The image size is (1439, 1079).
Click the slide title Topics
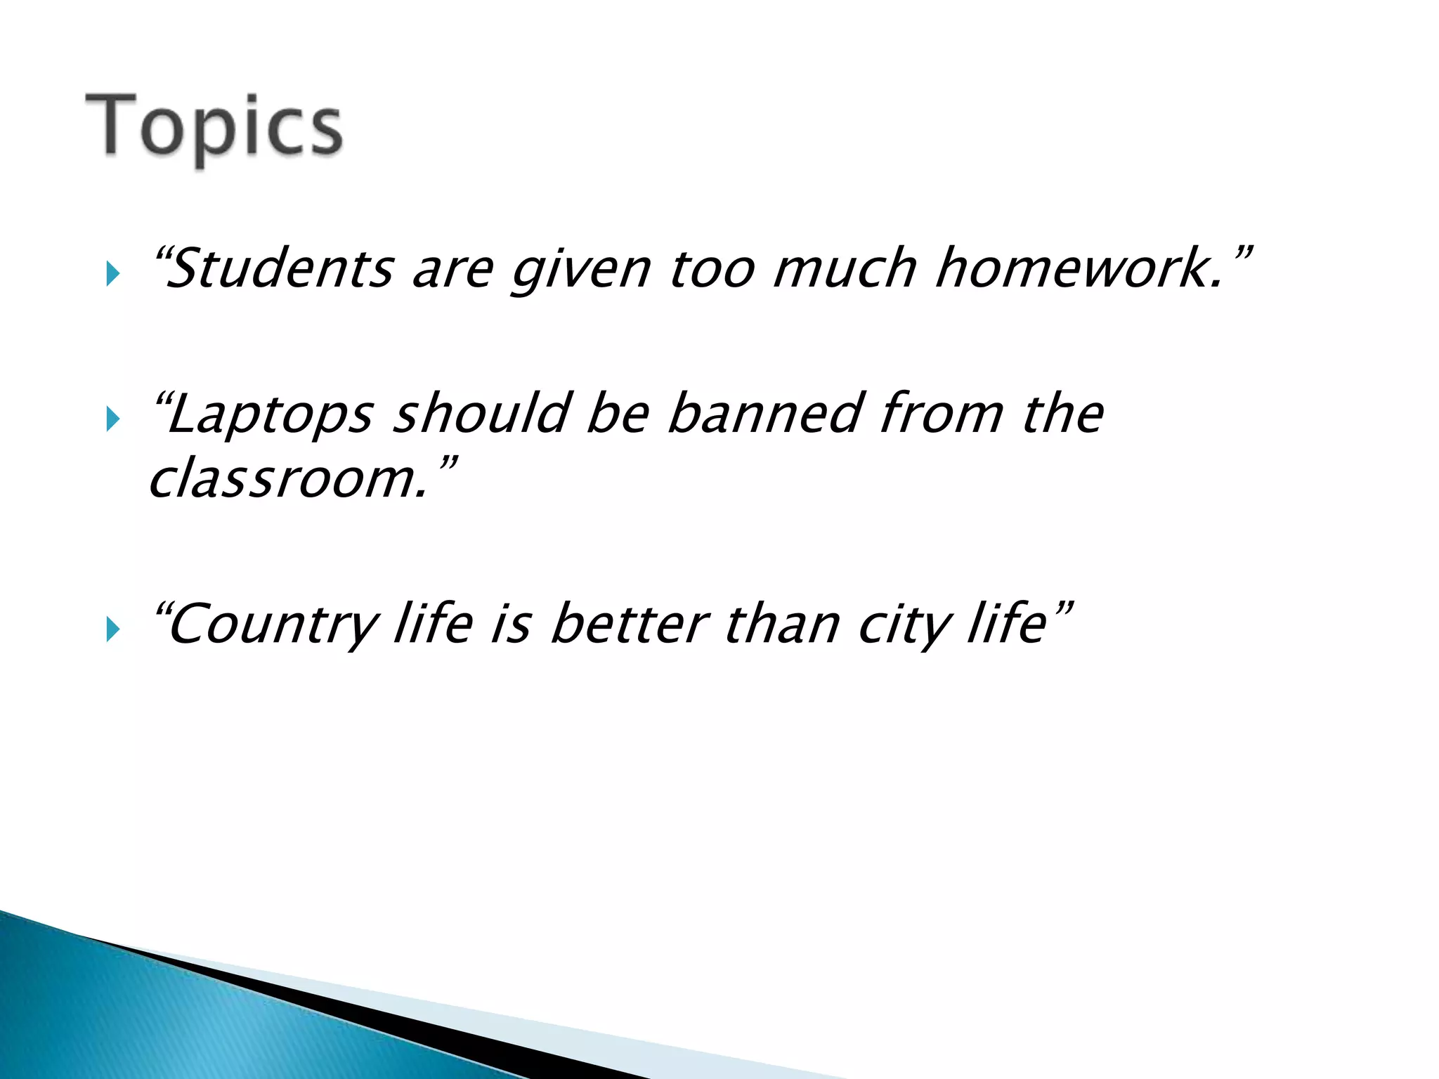(x=214, y=126)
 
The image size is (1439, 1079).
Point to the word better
(x=629, y=624)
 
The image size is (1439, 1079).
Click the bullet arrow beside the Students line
(x=112, y=273)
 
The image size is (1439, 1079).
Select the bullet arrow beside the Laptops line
(x=112, y=419)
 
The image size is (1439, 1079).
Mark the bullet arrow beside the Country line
(x=112, y=629)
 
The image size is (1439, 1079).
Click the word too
(x=712, y=269)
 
